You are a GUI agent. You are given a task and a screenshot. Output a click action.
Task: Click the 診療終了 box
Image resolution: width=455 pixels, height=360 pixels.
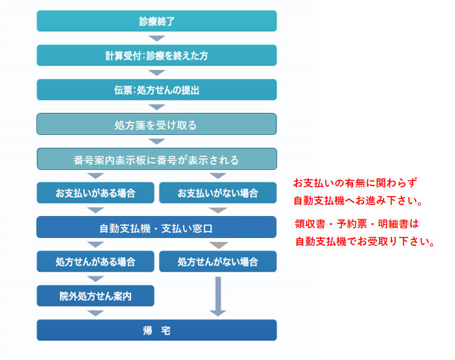(156, 21)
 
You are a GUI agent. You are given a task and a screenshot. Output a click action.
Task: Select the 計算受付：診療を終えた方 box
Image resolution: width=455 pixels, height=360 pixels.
(156, 55)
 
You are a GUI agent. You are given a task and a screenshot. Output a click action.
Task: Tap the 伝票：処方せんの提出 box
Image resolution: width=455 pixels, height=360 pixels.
(156, 90)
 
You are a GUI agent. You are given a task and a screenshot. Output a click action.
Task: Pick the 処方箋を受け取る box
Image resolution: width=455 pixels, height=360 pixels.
(156, 124)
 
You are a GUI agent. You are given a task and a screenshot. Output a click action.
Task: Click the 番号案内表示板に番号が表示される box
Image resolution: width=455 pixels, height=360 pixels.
(156, 159)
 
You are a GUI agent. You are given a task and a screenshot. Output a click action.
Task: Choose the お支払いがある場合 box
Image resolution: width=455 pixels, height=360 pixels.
(95, 193)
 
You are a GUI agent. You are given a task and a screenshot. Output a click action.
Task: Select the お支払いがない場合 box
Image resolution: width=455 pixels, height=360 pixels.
(217, 193)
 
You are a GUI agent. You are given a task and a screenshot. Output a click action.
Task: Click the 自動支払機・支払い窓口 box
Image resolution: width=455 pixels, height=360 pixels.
(156, 228)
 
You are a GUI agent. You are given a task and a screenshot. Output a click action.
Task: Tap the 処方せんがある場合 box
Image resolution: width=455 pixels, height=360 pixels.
(95, 261)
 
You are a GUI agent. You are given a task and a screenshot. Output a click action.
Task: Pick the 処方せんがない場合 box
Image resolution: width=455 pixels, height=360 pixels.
(217, 261)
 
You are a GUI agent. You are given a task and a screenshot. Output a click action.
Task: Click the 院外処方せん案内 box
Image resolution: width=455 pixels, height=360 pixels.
(95, 296)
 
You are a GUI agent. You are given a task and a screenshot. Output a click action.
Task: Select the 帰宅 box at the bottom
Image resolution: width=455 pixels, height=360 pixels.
(156, 330)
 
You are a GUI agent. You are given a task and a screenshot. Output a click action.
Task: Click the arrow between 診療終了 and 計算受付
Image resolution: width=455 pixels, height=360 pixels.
(156, 38)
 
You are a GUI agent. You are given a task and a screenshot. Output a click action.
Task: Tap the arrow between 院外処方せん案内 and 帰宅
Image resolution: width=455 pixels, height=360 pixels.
(95, 313)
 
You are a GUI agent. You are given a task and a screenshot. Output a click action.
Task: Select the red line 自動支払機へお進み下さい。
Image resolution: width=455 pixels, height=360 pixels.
(358, 200)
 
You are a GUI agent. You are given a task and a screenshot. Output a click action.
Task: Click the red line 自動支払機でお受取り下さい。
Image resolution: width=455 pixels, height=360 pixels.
(364, 242)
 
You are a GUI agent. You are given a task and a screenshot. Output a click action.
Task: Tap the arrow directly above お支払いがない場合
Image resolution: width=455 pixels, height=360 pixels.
(217, 176)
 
